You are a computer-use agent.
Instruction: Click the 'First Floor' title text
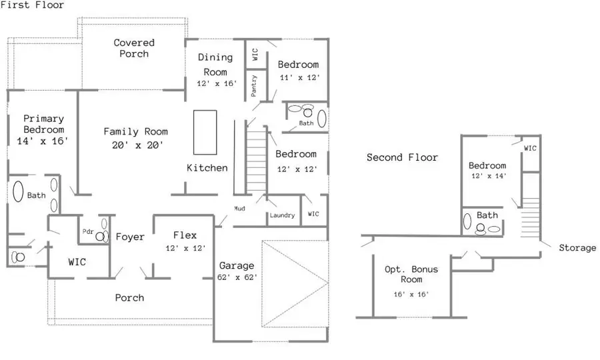click(x=33, y=5)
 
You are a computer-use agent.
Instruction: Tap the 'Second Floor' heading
click(x=402, y=157)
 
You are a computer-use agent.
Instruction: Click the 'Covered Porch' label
click(x=134, y=48)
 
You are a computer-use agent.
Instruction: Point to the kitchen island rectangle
click(x=205, y=132)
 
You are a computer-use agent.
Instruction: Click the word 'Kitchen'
click(x=207, y=168)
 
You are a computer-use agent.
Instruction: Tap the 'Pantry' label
click(x=255, y=86)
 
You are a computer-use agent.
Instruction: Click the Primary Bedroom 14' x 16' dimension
click(x=43, y=141)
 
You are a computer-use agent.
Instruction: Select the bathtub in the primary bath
click(x=18, y=193)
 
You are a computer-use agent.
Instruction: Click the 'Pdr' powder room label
click(x=87, y=231)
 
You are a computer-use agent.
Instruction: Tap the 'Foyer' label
click(x=130, y=237)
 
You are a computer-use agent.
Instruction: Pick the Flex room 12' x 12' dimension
click(x=185, y=248)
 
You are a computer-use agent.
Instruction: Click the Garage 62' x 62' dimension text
click(x=238, y=277)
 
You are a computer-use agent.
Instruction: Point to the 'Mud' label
click(x=239, y=209)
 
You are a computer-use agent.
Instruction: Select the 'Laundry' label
click(x=283, y=215)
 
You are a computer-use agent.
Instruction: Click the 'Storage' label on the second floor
click(x=577, y=248)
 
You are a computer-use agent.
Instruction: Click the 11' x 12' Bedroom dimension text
click(x=299, y=77)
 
